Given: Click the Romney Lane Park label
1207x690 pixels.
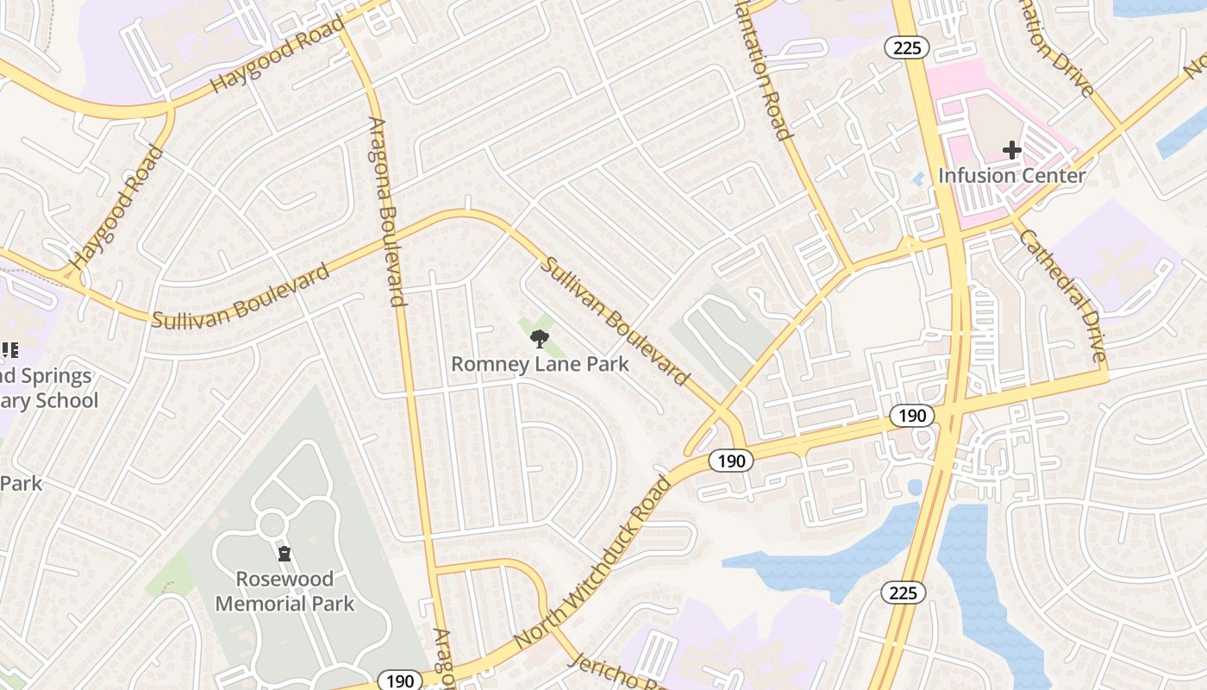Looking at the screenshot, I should coord(540,364).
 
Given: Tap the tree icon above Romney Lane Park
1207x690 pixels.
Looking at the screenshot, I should coord(540,338).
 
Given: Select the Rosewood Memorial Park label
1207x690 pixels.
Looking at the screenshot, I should coord(285,591).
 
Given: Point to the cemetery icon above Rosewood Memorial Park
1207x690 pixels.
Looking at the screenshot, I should coord(285,554).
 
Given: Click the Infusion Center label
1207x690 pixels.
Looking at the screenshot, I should coord(1011,176).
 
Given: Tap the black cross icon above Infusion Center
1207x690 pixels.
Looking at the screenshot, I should coord(1011,151).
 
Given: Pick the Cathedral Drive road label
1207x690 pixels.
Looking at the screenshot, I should coord(1062,295).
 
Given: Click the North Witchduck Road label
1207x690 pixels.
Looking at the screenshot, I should coord(591,562).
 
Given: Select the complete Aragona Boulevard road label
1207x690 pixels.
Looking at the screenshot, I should coord(386,211).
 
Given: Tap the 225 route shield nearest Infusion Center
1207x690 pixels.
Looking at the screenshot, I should coord(907,48).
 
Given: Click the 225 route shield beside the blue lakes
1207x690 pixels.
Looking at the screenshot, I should coord(903,593).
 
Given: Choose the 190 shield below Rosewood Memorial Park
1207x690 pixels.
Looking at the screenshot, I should coord(400,681).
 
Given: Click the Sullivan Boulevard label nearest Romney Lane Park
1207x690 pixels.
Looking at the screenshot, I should coord(615,320).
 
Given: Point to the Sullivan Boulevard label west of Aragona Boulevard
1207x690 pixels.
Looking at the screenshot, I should coord(241,297).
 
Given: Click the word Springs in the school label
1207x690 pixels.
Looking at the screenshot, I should coord(53,376).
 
